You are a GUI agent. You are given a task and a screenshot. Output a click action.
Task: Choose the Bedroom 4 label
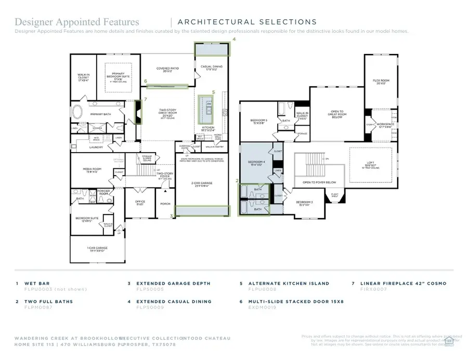(255, 163)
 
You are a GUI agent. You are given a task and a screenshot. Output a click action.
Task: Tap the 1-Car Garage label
(97, 249)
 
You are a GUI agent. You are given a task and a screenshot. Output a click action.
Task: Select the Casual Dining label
(212, 67)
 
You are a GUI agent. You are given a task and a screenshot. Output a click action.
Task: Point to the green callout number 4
(234, 39)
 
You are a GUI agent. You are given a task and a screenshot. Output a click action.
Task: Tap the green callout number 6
(146, 81)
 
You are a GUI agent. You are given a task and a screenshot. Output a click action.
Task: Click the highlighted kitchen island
(208, 109)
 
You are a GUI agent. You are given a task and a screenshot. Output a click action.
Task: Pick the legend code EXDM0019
(262, 307)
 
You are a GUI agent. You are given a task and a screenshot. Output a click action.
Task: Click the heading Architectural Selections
(247, 22)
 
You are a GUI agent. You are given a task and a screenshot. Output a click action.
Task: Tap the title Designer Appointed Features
(77, 22)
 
